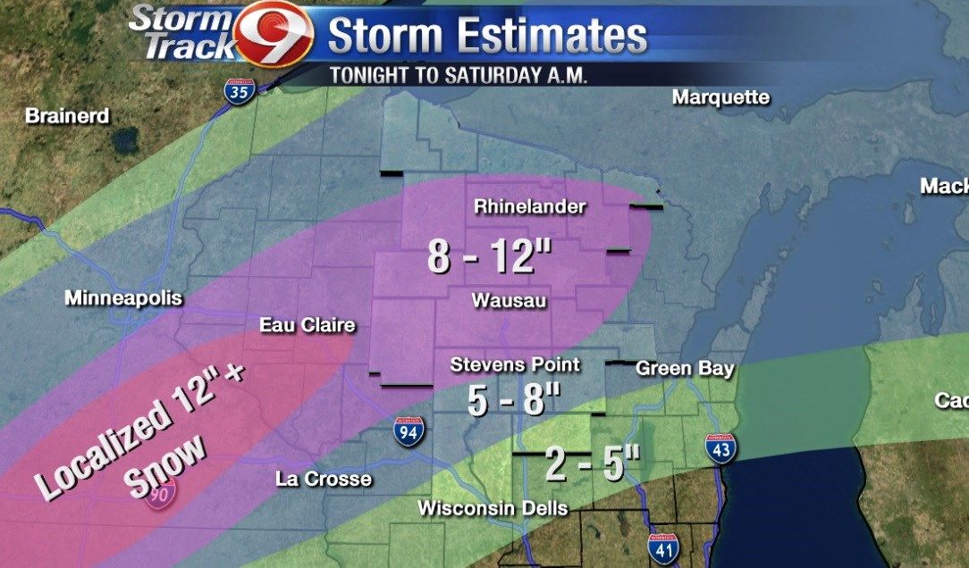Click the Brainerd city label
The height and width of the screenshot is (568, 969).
tap(67, 115)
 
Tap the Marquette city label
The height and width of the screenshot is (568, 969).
tap(720, 96)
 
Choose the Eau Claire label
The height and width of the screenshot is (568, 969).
tap(307, 325)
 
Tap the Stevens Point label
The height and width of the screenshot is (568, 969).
tap(514, 364)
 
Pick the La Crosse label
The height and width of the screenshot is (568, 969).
tap(323, 479)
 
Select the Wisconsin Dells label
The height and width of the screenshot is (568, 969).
tap(493, 508)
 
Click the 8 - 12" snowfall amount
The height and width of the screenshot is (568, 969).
tap(489, 257)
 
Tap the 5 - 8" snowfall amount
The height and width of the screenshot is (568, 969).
tap(514, 400)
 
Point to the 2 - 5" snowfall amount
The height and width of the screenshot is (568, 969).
tap(593, 464)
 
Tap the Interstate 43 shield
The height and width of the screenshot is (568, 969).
tap(720, 448)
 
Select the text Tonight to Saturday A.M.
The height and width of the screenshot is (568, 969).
tap(459, 75)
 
